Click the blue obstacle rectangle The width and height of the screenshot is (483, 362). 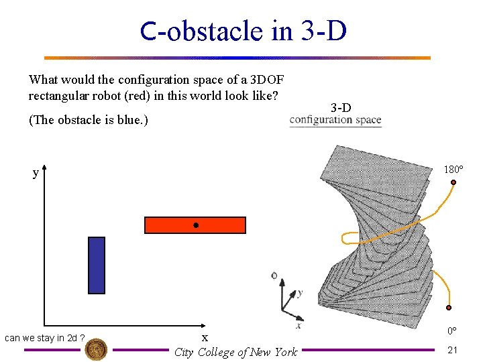click(97, 265)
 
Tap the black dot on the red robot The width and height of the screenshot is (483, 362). click(195, 226)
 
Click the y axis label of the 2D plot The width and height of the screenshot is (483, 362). click(36, 173)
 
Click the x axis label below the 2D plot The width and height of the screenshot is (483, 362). click(205, 337)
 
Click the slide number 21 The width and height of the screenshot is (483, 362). click(453, 350)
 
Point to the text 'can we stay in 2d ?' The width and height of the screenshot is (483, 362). click(44, 338)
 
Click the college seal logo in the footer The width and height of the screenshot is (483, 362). click(97, 349)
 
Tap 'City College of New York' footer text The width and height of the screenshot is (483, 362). click(235, 352)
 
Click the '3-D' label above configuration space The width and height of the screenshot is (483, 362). click(341, 107)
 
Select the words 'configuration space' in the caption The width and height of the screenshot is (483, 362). click(335, 121)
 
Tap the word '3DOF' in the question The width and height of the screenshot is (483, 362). click(269, 79)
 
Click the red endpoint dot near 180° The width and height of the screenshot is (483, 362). click(454, 182)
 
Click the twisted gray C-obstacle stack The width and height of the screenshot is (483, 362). click(376, 241)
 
